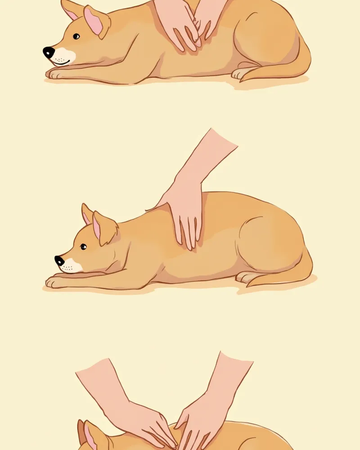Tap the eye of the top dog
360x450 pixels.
coord(76,36)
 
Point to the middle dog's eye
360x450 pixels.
coord(83,246)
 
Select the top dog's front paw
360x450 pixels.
coord(53,73)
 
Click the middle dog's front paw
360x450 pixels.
coord(53,282)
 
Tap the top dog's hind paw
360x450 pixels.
coord(238,73)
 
